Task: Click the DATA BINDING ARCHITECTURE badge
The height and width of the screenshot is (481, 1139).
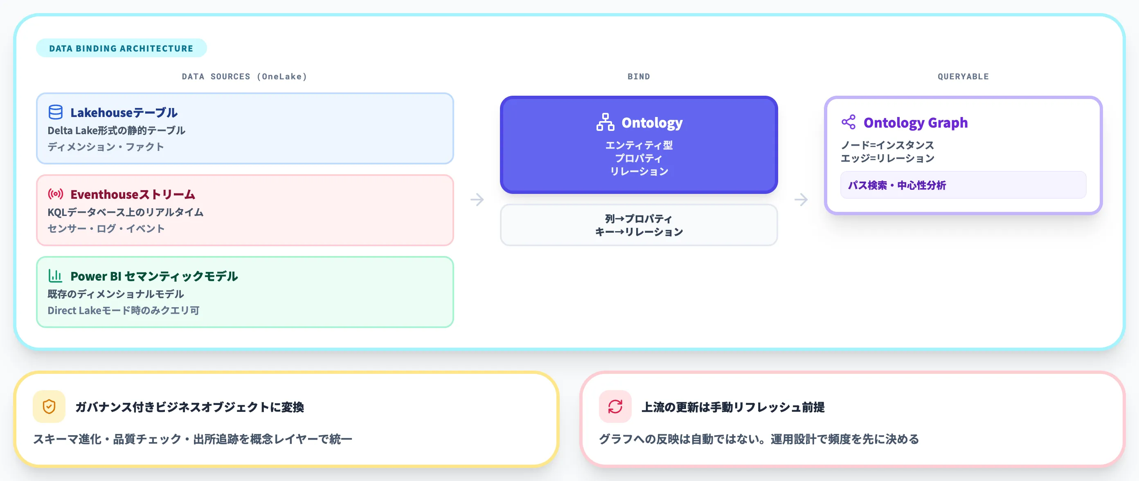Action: (121, 48)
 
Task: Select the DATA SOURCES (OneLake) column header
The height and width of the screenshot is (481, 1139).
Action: (244, 76)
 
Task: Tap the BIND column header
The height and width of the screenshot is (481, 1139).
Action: (639, 76)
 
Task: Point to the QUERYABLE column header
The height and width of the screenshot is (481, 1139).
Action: (963, 76)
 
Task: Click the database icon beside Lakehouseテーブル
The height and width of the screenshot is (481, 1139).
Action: (55, 112)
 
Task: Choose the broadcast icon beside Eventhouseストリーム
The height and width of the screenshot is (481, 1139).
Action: (55, 194)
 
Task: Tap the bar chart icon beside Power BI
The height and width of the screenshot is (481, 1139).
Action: (55, 276)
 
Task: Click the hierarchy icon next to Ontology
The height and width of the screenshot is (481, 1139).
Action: (605, 122)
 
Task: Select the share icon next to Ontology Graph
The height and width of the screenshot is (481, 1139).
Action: (848, 122)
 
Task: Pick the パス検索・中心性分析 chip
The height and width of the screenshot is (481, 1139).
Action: (897, 185)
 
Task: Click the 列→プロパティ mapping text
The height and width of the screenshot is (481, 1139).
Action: (639, 219)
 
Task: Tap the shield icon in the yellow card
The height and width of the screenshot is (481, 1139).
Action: (49, 406)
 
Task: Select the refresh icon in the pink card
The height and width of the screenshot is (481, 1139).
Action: (615, 406)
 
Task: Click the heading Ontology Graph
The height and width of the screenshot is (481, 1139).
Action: (915, 122)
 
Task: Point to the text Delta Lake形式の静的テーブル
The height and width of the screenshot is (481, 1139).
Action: (116, 130)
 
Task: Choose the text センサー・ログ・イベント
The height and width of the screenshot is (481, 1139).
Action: (106, 229)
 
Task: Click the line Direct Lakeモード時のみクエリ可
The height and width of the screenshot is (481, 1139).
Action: (124, 310)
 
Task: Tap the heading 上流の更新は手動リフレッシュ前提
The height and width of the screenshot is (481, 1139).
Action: (733, 407)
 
